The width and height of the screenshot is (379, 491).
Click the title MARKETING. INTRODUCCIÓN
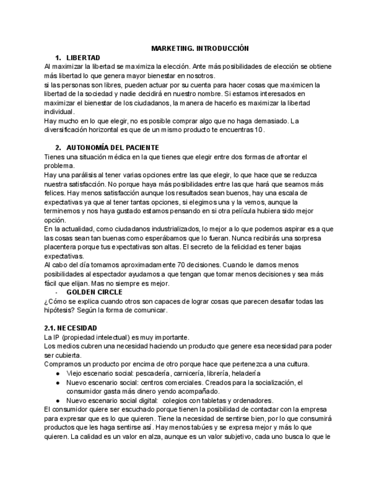(x=199, y=49)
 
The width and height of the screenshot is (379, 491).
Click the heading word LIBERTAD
(x=83, y=58)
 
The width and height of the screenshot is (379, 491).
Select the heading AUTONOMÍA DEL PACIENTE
(x=112, y=148)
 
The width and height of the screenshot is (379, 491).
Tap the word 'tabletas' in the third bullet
(x=215, y=400)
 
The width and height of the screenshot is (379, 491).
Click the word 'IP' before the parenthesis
(x=54, y=337)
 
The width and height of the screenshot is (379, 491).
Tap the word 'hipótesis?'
(x=61, y=310)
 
